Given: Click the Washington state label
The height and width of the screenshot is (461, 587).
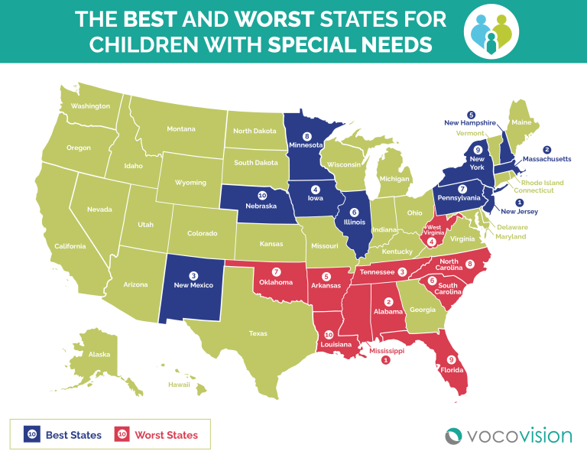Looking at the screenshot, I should tap(85, 106).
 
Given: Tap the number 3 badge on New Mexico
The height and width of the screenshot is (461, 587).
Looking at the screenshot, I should tap(193, 275).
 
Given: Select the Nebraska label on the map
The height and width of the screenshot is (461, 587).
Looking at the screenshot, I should tap(251, 206).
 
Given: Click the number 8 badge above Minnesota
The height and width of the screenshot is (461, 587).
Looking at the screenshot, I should tap(306, 136).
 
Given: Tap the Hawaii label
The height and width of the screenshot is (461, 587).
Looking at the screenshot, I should tap(180, 385).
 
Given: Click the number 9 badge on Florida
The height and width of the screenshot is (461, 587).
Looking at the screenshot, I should tap(451, 360).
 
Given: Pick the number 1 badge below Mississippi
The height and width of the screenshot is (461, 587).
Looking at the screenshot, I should tap(385, 360).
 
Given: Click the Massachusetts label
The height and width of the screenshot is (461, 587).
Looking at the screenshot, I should tap(546, 159).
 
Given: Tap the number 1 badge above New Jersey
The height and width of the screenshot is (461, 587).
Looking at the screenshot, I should tap(520, 202).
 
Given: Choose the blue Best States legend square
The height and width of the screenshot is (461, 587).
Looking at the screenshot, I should tap(32, 434).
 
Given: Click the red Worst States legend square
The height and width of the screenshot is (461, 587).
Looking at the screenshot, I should tap(122, 434).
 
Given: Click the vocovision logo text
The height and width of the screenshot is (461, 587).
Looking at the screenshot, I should tap(519, 435).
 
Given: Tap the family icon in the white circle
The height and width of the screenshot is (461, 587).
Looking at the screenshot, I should tap(491, 31).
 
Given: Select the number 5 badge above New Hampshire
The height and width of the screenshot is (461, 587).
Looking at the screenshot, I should tap(472, 115).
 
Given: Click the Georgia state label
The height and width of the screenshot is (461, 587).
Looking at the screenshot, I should tap(422, 310).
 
